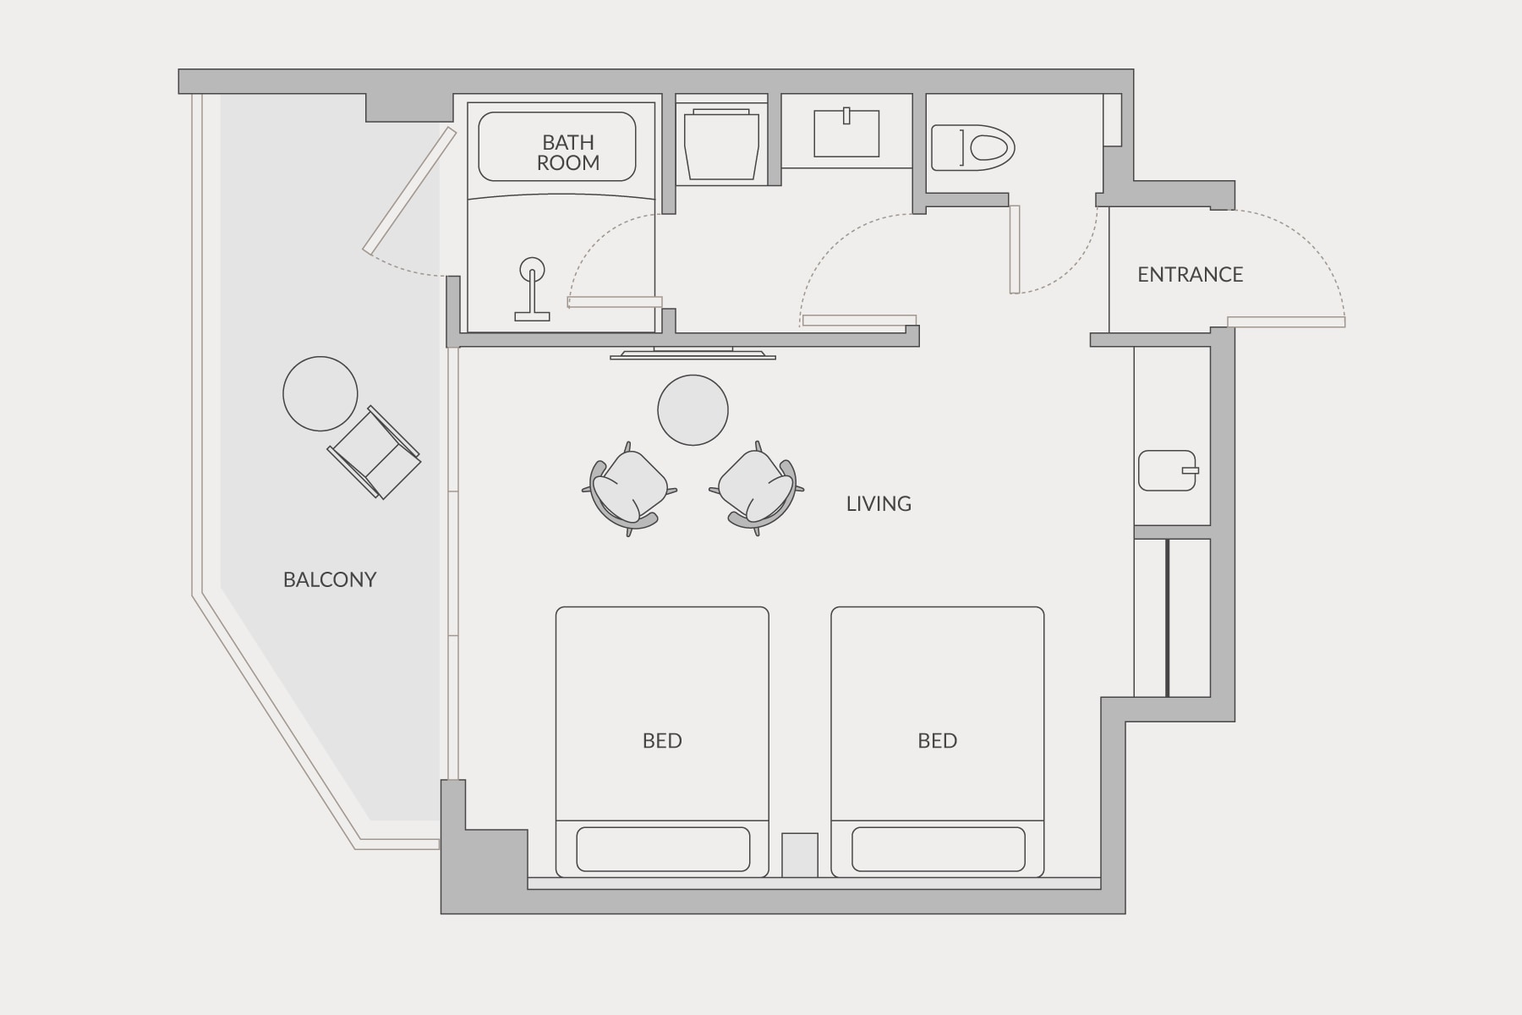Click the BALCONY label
(330, 579)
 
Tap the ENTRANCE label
(1191, 274)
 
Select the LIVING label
(879, 503)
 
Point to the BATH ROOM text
(568, 152)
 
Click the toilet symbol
(972, 148)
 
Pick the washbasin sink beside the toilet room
(846, 133)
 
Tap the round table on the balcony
(320, 393)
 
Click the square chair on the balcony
(374, 453)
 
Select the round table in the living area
(693, 410)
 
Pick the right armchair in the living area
(757, 489)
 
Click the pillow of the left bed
(663, 849)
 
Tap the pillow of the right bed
(939, 849)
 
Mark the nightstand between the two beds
(800, 855)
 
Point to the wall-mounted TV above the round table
(693, 353)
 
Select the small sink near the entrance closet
(1169, 470)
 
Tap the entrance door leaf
(1286, 321)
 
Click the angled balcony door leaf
(410, 190)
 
